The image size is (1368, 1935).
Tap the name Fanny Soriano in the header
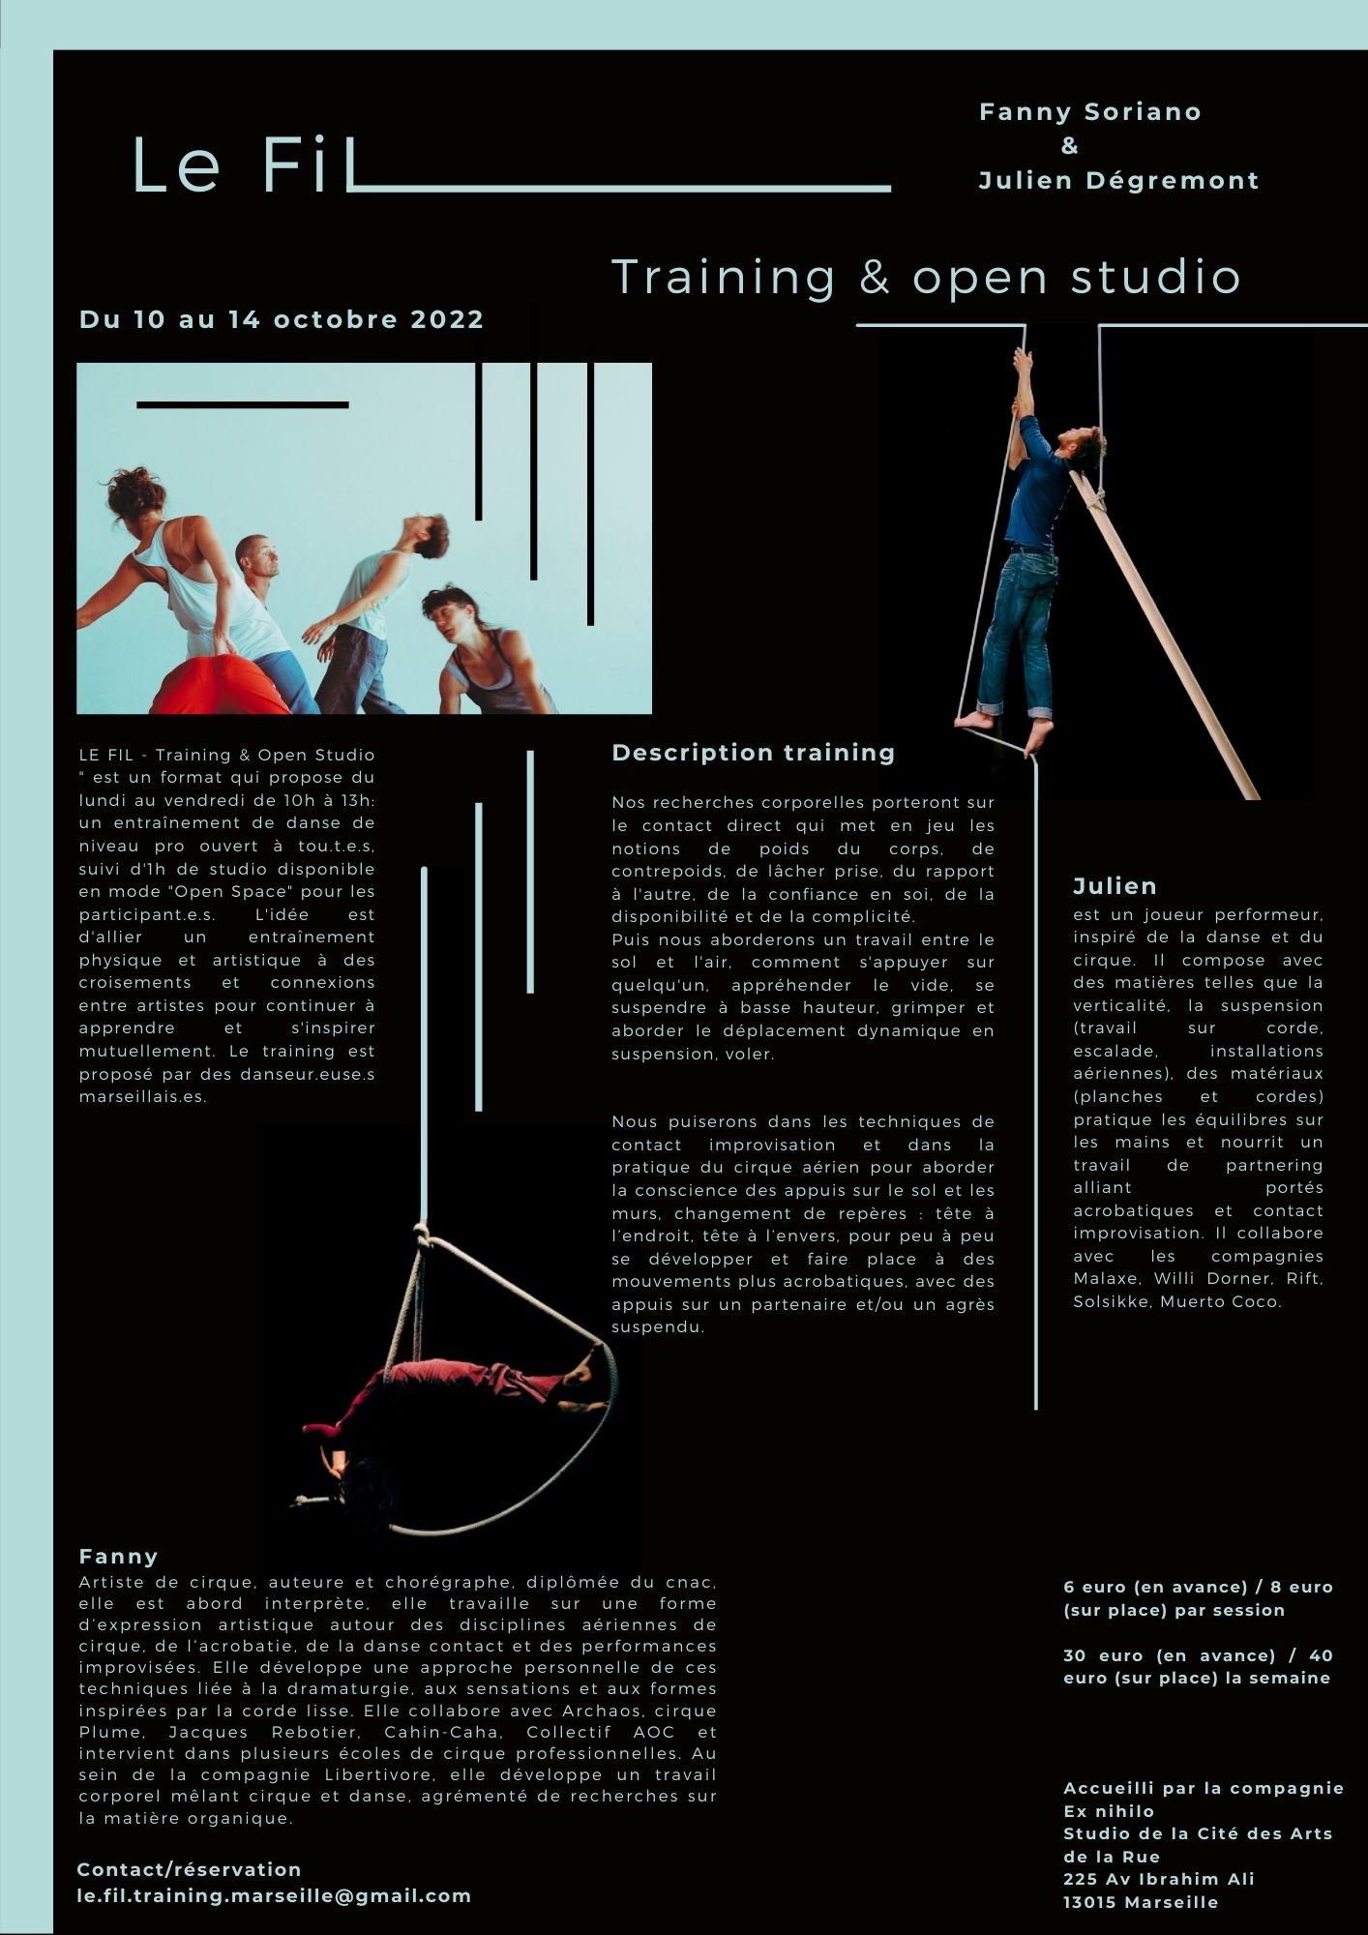click(1090, 112)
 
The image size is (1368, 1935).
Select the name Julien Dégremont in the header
click(1118, 181)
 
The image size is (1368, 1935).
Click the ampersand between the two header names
click(1069, 146)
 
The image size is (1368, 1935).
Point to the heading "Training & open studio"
click(926, 277)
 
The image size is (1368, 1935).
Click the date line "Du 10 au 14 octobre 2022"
click(282, 320)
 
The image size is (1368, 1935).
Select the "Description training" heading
click(754, 753)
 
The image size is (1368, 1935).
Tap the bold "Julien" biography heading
click(1115, 886)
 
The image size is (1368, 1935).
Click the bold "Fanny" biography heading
click(118, 1557)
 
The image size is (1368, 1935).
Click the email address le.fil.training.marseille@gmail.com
click(274, 1895)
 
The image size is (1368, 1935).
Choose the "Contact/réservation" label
click(189, 1869)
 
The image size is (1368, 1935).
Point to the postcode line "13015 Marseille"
click(1141, 1902)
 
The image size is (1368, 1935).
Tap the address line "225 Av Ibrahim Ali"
click(1158, 1879)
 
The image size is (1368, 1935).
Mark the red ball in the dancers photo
click(219, 688)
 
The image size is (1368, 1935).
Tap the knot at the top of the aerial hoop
click(424, 1234)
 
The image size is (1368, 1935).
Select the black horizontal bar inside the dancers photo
click(242, 405)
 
